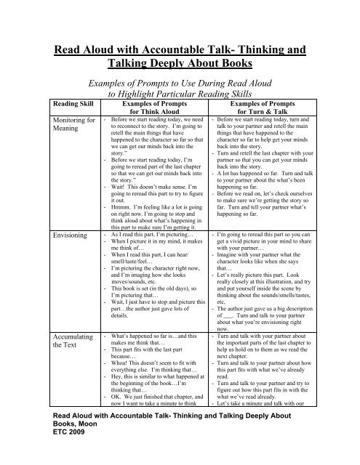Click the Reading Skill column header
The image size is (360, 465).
click(27, 124)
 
